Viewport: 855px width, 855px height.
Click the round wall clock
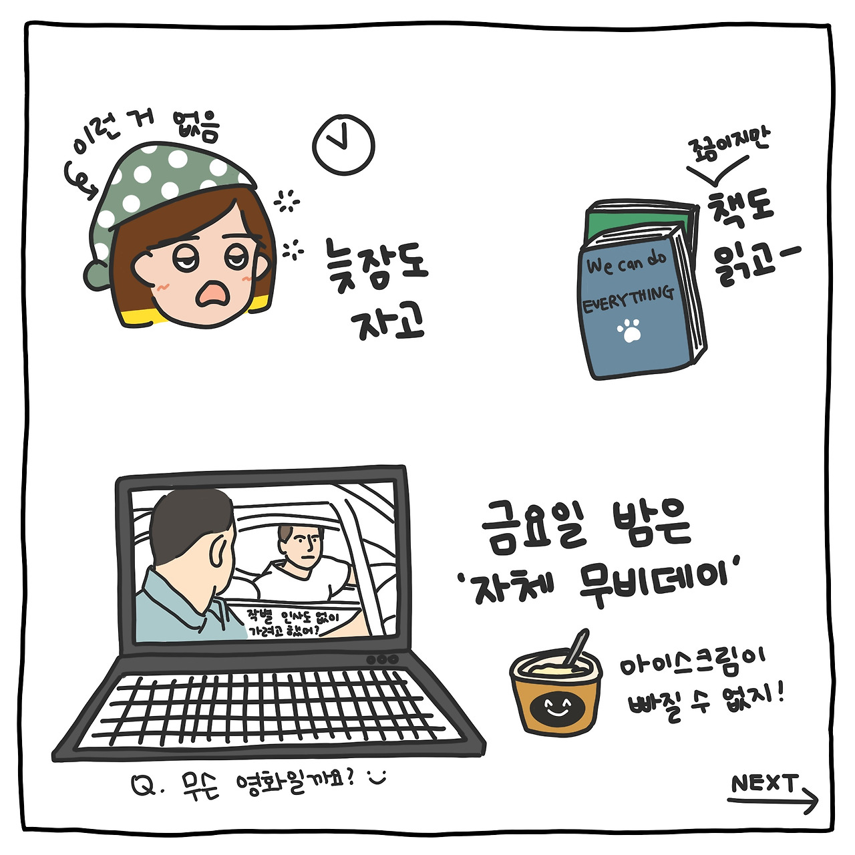coord(343,145)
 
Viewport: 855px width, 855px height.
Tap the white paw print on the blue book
coord(629,330)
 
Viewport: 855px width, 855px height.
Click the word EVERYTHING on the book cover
coord(629,299)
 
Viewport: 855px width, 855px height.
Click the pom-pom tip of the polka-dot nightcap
coord(96,275)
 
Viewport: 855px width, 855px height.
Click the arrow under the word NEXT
coord(772,801)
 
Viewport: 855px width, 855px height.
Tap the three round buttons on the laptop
coord(382,660)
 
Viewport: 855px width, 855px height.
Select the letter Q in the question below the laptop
coord(145,786)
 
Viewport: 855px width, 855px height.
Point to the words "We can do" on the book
coord(626,264)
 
